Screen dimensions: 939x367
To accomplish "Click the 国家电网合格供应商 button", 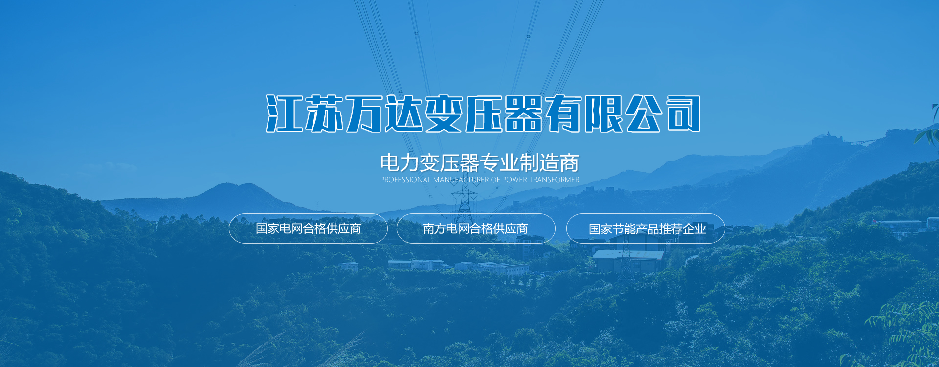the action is point(308,229).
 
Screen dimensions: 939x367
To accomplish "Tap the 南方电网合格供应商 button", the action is point(476,229).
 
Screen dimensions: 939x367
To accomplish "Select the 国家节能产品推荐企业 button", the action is point(646,229).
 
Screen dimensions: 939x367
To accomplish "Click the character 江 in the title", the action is point(284,114).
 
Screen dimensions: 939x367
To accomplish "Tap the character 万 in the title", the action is point(364,114).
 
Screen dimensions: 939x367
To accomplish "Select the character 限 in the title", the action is point(604,114).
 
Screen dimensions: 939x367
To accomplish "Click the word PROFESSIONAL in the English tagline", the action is point(405,180).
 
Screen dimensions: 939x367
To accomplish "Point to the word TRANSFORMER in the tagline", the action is point(554,180).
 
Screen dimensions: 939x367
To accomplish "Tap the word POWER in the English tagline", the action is point(514,180).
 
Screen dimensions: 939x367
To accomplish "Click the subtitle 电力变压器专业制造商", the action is point(480,163).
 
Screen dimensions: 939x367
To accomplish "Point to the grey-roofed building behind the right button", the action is point(628,260).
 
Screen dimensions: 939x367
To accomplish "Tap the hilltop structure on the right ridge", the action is point(828,137).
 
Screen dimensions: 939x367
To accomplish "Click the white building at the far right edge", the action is point(932,224).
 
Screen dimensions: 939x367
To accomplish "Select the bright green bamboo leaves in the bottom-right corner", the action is point(905,333).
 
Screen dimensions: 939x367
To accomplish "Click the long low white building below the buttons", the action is point(492,269).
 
